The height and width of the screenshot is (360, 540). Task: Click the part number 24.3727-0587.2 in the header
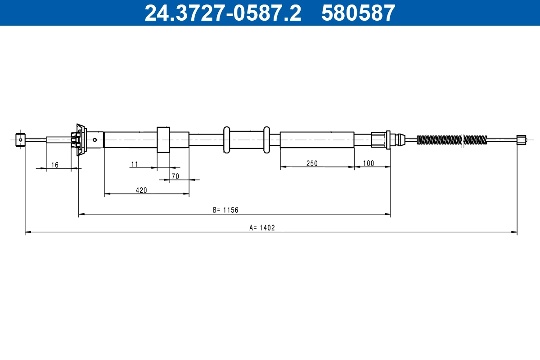tap(223, 13)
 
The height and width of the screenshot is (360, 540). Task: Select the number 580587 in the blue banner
tap(358, 13)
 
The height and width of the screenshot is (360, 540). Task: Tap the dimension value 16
tap(54, 165)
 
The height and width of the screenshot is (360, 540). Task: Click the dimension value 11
tap(135, 164)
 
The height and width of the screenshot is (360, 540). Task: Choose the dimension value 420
tap(141, 190)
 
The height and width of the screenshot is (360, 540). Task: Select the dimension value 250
tap(312, 163)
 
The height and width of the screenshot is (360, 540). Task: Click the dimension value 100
tap(368, 163)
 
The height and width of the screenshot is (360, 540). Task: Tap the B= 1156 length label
tap(225, 210)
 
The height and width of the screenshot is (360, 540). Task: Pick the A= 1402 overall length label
tap(262, 228)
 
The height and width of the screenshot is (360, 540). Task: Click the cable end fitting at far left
tap(20, 139)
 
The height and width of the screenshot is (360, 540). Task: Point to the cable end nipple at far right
tap(521, 139)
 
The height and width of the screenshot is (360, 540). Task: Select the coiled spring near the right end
tap(452, 140)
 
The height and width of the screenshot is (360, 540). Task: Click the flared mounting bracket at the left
tap(80, 139)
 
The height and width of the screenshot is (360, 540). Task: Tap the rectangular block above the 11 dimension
tap(163, 140)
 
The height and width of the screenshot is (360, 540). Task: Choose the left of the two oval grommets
tap(226, 139)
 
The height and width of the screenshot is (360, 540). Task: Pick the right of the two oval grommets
tap(266, 139)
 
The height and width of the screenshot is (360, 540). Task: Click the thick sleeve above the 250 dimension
tap(317, 139)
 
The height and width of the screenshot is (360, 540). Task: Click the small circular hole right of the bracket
tap(95, 139)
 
